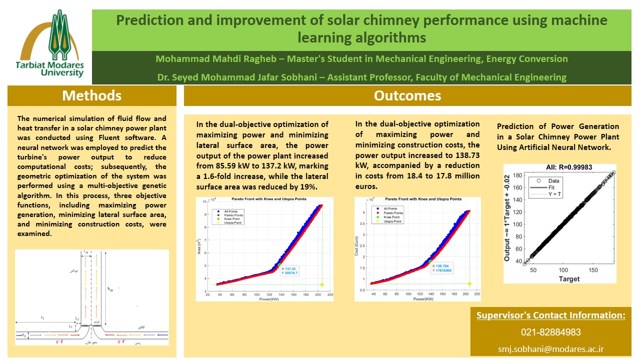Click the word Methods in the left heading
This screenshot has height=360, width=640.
coord(91,95)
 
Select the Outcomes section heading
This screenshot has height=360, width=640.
coord(407,95)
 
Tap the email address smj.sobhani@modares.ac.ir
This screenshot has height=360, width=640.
coord(550,348)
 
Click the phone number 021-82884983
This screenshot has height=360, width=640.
coord(550,332)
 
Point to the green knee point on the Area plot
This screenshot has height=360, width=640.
coord(279,264)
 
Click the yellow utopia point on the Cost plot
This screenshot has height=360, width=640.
coord(469,284)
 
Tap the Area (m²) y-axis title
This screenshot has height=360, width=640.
coord(199,246)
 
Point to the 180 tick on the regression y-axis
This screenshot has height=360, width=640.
coord(518,175)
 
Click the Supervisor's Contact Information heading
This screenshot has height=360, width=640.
coord(550,315)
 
